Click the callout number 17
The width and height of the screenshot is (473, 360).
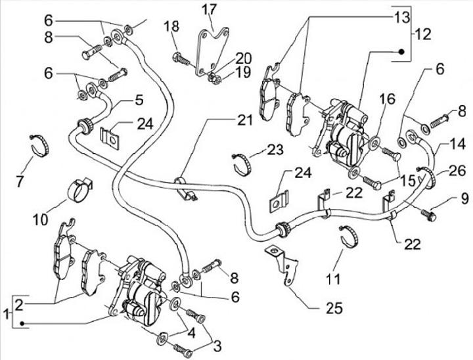tap(208, 9)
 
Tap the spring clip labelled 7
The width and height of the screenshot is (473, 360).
tap(41, 145)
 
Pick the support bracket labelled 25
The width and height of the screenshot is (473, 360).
tap(282, 266)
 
